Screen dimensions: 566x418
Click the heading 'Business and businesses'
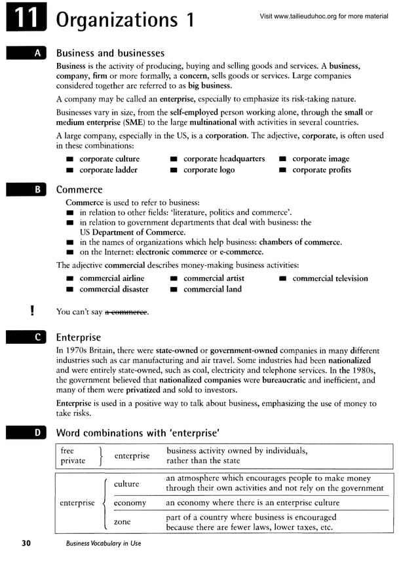coord(110,53)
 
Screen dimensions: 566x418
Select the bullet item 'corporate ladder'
coord(108,170)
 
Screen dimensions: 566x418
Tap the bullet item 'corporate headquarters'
coord(223,159)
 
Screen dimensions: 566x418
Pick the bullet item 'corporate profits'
coord(321,170)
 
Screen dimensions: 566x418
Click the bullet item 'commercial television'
coord(330,278)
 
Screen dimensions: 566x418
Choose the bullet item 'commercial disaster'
coord(113,289)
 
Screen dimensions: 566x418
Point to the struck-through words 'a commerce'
coord(126,312)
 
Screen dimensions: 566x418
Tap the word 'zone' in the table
coord(123,522)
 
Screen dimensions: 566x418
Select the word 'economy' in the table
coord(130,503)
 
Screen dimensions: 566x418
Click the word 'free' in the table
coord(67,451)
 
